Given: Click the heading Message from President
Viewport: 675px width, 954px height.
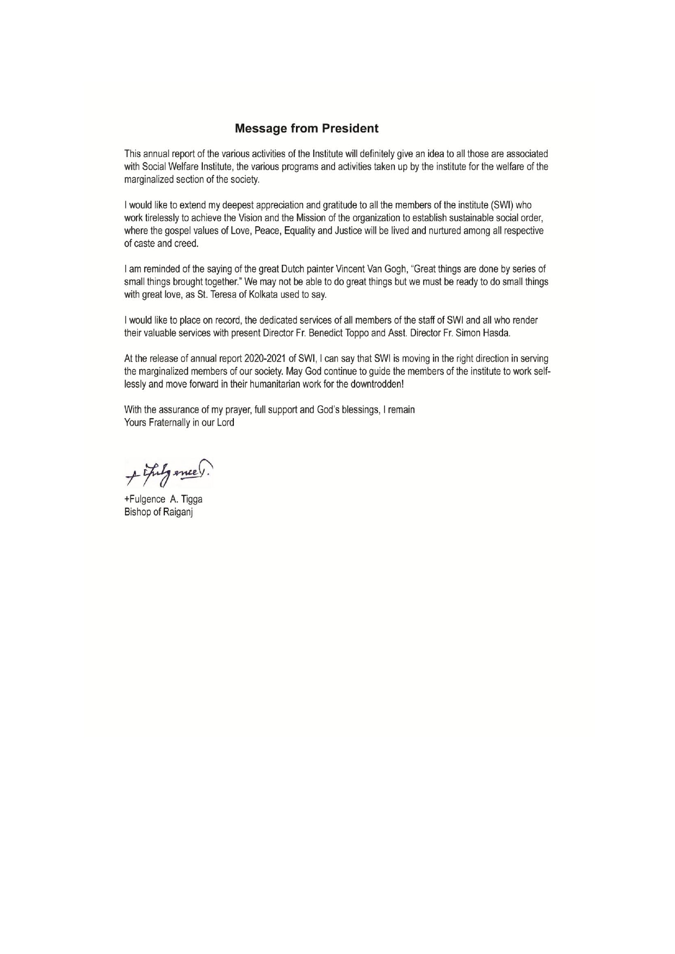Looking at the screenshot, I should tap(306, 129).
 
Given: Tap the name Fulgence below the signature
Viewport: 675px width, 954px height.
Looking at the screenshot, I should tap(147, 500).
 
